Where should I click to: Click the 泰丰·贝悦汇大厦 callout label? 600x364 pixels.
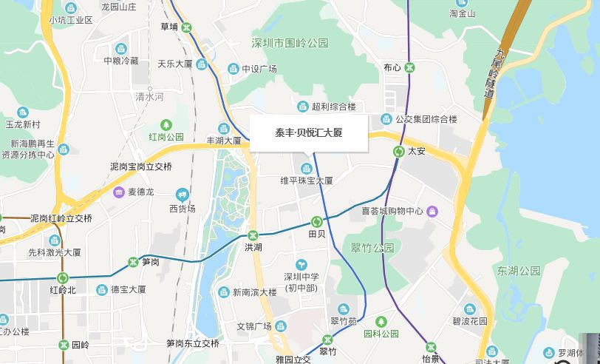click(308, 133)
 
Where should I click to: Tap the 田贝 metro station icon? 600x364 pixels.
click(317, 221)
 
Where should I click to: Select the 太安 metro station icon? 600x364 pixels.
click(399, 152)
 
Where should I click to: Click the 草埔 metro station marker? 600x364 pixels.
click(188, 27)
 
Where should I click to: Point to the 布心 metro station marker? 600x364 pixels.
click(409, 67)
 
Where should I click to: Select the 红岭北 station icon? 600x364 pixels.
click(62, 278)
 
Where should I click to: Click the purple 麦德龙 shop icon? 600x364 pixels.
click(119, 192)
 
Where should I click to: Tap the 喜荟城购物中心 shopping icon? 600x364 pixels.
click(432, 212)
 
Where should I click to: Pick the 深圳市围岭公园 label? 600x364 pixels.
click(289, 43)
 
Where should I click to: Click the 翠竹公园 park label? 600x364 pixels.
click(373, 248)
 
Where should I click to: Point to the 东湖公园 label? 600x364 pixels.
click(519, 270)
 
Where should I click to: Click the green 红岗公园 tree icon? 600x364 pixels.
click(166, 124)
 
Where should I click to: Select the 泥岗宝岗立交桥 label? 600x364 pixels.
click(140, 166)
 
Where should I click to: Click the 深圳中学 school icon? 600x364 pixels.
click(301, 265)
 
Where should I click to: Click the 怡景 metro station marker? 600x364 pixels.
click(431, 347)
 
